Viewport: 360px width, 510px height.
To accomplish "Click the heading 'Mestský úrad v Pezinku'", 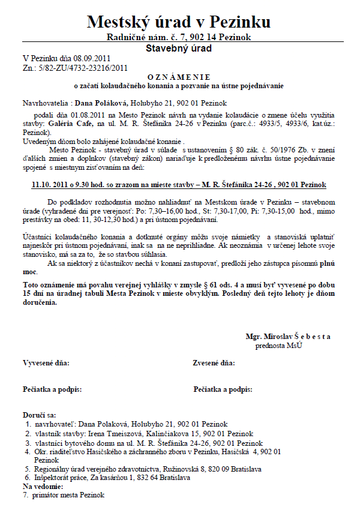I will (x=179, y=22).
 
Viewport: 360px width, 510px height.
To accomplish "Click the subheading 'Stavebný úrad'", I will (x=179, y=48).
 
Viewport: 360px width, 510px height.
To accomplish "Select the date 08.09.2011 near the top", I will (x=94, y=58).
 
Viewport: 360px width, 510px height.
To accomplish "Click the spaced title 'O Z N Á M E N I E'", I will (x=179, y=77).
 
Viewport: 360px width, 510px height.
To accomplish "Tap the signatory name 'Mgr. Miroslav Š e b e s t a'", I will (x=288, y=337).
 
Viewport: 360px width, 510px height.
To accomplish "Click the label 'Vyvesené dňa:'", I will (x=46, y=363).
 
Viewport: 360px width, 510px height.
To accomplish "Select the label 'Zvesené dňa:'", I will (x=214, y=363).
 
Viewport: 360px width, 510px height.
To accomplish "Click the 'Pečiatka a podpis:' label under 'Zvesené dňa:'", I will (x=223, y=389).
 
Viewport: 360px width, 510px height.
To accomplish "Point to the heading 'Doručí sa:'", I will (x=39, y=415).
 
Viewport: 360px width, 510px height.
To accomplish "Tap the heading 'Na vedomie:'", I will (x=43, y=486).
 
